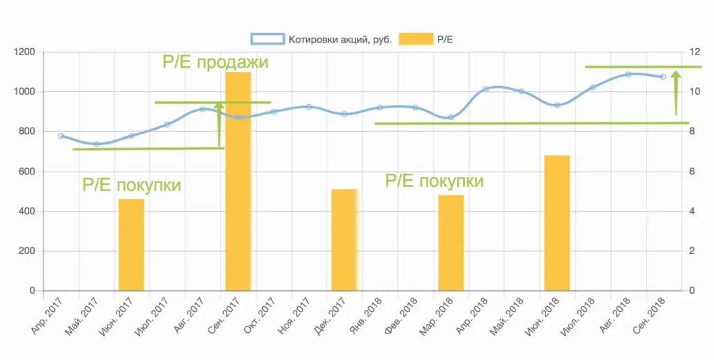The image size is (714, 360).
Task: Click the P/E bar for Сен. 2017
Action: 238,181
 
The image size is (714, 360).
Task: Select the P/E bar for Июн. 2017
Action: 131,245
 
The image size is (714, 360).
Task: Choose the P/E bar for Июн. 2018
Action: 557,223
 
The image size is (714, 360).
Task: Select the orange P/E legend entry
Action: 426,39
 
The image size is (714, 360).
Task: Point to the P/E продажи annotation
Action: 215,62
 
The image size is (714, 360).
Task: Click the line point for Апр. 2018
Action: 486,89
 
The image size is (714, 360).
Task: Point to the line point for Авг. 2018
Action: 628,74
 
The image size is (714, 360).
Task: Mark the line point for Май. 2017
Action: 96,144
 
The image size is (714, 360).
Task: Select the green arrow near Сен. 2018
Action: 676,92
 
